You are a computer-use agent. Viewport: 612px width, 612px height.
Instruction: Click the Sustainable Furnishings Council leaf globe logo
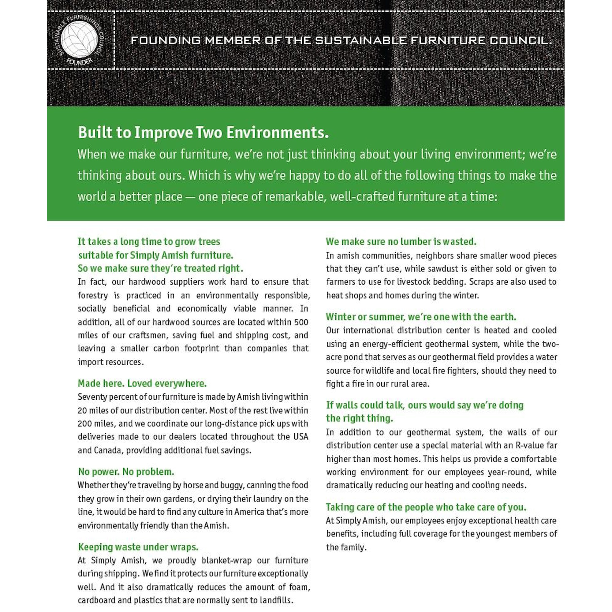(79, 39)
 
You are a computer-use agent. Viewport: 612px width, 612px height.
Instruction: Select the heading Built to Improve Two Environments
(203, 132)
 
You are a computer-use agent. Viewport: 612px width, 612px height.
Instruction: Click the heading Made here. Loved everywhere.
(142, 383)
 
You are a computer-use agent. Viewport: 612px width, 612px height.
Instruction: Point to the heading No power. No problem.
(126, 472)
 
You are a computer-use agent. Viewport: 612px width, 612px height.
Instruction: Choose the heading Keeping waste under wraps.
(138, 547)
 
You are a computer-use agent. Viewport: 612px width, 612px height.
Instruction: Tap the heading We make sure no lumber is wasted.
(401, 241)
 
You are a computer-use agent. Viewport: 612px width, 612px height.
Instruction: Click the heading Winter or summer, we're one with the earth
(421, 317)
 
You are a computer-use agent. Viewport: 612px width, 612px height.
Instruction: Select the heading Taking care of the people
(426, 507)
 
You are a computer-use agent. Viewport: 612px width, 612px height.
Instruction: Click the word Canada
(107, 450)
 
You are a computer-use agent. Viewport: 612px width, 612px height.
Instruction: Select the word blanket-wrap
(226, 560)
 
